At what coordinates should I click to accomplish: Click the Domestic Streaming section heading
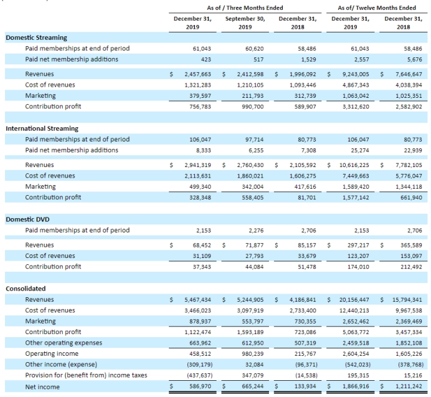36,37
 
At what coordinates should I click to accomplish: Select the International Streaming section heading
42,128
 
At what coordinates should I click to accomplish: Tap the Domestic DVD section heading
27,219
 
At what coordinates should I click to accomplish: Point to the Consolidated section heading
26,289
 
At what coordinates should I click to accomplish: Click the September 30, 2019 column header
245,23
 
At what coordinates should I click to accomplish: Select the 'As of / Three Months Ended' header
245,7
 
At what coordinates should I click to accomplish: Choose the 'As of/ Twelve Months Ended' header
377,7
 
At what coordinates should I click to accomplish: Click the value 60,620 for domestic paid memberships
254,49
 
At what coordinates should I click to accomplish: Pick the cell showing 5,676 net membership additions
415,59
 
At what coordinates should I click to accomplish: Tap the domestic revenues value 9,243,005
356,74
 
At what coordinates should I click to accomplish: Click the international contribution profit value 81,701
307,198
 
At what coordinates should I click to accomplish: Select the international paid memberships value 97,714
254,140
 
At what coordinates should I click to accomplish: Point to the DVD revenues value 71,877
254,245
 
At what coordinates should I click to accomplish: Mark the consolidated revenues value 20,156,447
354,300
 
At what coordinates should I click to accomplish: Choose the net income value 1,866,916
356,386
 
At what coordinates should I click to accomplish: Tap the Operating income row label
52,353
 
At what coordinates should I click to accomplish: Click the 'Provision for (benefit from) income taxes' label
86,375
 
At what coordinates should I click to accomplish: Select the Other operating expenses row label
64,343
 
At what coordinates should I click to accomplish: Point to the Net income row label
42,387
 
